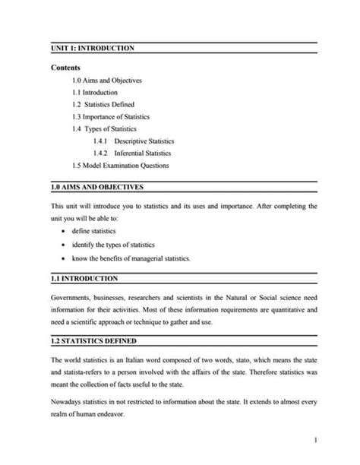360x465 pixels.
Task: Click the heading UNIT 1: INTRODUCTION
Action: [x=93, y=48]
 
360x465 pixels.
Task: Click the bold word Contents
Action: [x=66, y=68]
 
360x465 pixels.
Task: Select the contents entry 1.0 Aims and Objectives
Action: [x=106, y=80]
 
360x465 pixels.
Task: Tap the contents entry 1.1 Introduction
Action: [x=96, y=93]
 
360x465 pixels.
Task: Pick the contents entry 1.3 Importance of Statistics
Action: [x=111, y=117]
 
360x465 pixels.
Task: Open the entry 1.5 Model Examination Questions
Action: [x=121, y=166]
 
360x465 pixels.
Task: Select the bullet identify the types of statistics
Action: [x=113, y=245]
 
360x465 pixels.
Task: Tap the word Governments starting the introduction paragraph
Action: [x=72, y=298]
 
